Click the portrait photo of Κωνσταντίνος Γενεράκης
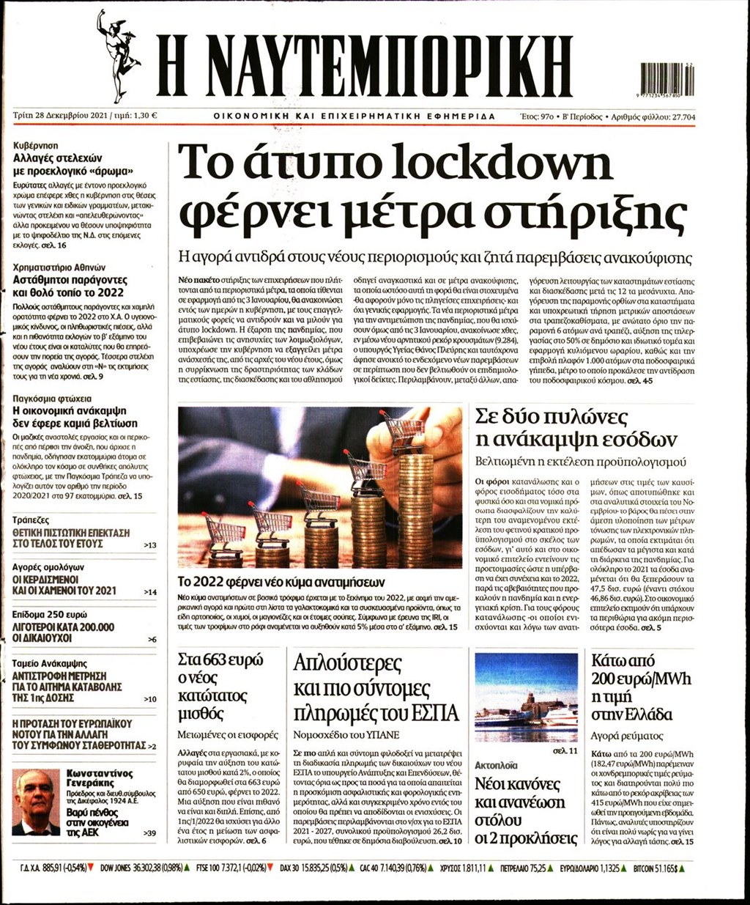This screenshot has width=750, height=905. pos(36,802)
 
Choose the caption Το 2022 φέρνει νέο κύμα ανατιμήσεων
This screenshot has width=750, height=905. pos(281,583)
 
